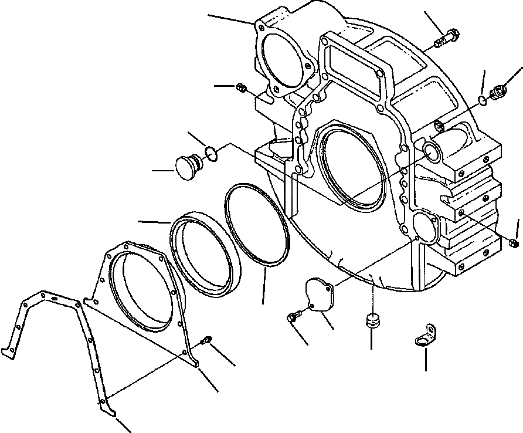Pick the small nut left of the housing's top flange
click(x=240, y=88)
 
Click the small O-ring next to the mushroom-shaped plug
click(x=212, y=154)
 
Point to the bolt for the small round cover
click(x=293, y=317)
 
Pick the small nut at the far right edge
click(x=514, y=243)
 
